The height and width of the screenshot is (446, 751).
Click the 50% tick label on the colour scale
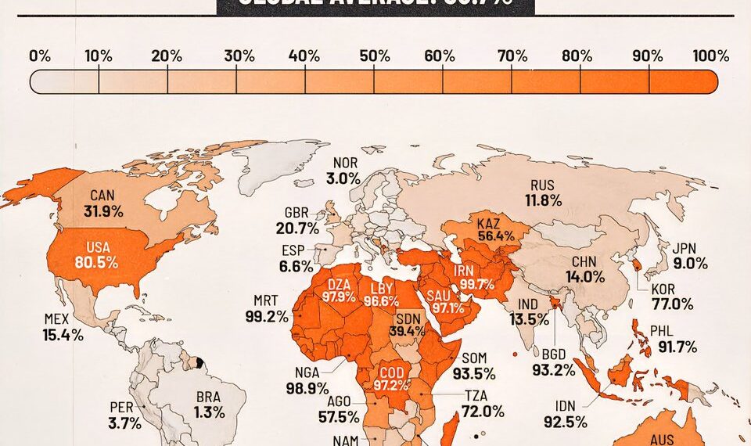375,56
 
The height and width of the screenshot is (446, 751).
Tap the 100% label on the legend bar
710,56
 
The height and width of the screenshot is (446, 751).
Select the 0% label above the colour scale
40,56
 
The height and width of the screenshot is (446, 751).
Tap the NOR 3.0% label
343,171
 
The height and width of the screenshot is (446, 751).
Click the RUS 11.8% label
545,192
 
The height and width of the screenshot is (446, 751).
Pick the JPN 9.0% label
690,257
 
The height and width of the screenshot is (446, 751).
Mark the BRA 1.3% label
209,405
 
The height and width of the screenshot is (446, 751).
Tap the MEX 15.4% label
63,327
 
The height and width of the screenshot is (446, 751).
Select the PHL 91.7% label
677,339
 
